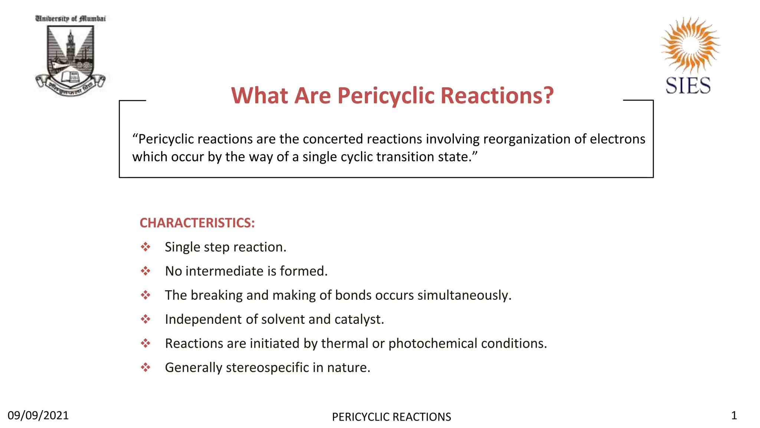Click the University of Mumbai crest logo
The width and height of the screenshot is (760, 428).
point(71,56)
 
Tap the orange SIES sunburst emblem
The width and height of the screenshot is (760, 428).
point(690,44)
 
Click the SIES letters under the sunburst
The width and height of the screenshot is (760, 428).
point(688,86)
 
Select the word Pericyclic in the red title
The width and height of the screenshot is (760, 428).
point(386,95)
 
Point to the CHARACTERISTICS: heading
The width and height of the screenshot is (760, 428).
point(197,223)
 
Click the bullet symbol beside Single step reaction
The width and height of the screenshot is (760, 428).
point(145,247)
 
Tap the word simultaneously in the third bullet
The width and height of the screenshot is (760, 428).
point(464,295)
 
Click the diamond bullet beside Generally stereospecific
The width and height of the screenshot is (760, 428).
point(145,367)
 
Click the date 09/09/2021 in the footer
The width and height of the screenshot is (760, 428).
point(38,415)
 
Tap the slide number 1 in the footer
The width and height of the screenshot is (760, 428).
point(734,415)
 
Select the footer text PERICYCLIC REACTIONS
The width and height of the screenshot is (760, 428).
point(392,417)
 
